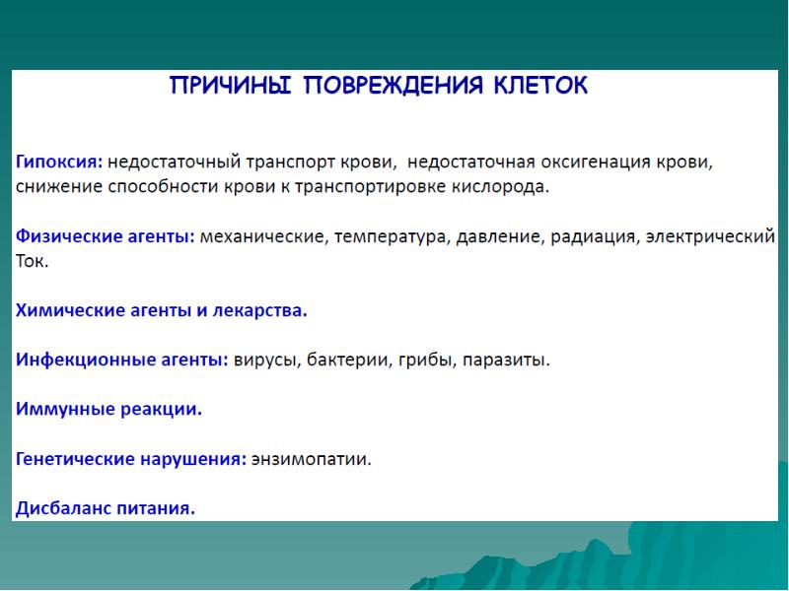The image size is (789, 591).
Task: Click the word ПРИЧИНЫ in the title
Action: point(231,86)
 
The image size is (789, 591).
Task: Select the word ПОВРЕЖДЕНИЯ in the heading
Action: point(393,86)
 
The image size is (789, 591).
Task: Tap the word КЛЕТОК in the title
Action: point(540,86)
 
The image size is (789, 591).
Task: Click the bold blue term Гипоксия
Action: point(59,163)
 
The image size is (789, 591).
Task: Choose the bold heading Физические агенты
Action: point(106,236)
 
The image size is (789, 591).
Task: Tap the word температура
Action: point(391,236)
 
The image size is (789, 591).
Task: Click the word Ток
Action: point(32,261)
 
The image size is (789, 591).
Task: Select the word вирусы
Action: point(266,361)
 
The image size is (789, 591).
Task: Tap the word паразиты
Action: point(506,361)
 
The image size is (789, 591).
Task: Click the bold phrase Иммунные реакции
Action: point(108,409)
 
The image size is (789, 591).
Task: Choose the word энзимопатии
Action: point(312,459)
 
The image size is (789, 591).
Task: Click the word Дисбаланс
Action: point(63,508)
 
